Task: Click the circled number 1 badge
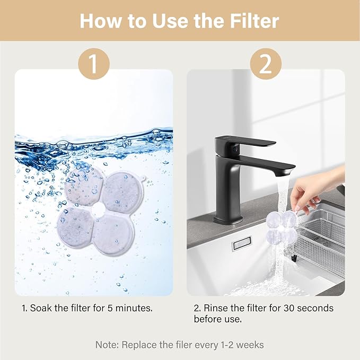click(94, 64)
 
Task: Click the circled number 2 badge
click(266, 64)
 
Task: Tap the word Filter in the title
click(254, 21)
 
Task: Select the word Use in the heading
click(171, 21)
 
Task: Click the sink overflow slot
click(242, 243)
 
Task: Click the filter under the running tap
click(281, 228)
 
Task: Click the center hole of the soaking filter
click(98, 209)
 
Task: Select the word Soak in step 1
click(41, 308)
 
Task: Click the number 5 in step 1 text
click(110, 308)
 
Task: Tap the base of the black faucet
click(228, 219)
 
